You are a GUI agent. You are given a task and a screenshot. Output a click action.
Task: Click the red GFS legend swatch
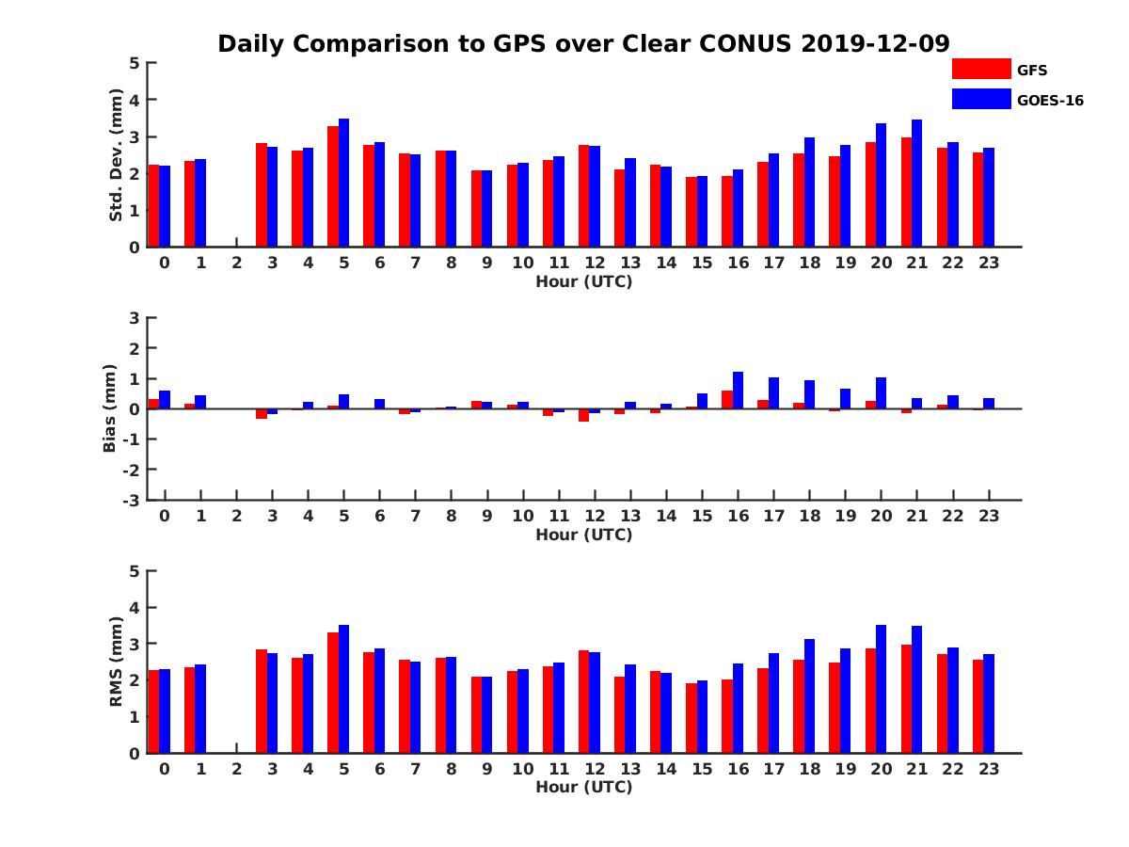click(980, 69)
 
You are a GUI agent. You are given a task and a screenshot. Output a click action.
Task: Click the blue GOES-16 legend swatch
click(980, 99)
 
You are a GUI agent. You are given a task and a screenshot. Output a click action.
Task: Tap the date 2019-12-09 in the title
click(876, 43)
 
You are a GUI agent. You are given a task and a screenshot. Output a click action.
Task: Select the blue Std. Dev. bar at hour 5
click(343, 184)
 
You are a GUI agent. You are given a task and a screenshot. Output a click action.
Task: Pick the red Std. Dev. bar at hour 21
click(906, 193)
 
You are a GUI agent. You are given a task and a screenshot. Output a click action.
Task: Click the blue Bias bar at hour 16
click(739, 391)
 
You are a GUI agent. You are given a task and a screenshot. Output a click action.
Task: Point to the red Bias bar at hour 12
click(583, 415)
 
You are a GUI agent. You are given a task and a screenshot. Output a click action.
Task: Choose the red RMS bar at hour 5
click(333, 693)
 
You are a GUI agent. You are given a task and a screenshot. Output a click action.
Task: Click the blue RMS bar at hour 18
click(809, 696)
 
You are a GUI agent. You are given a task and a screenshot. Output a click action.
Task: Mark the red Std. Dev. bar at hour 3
click(262, 195)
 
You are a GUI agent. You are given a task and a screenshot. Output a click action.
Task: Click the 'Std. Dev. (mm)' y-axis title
click(117, 155)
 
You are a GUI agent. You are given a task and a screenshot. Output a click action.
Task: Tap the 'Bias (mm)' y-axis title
click(110, 408)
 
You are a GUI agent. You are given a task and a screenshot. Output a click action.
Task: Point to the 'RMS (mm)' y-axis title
click(117, 662)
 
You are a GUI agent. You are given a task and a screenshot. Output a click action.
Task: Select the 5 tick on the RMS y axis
click(135, 571)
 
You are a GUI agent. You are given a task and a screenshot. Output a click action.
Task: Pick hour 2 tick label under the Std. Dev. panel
click(236, 264)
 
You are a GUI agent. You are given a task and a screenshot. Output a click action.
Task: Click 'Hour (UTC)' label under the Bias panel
click(583, 535)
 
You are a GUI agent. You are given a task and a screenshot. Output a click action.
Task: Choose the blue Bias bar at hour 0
click(165, 400)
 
